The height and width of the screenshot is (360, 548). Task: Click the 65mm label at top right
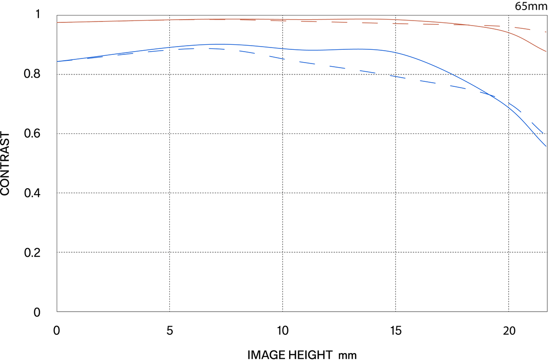point(531,6)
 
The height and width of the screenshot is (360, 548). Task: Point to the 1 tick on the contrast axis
point(37,14)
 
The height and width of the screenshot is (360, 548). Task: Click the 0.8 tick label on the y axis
point(32,74)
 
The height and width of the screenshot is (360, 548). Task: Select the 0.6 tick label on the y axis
point(32,133)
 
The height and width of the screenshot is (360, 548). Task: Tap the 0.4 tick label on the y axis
point(32,193)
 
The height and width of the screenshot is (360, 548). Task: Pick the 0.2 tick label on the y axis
point(32,252)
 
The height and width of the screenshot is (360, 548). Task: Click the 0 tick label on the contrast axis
point(37,312)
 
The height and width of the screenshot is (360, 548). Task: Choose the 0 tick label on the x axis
point(57,331)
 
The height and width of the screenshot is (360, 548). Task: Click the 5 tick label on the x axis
point(170,331)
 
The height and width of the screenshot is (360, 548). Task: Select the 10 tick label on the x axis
point(283,331)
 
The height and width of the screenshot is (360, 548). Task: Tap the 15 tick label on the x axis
point(396,331)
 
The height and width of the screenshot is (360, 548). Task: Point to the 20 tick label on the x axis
point(509,331)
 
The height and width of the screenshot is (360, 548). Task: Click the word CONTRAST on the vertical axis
point(5,164)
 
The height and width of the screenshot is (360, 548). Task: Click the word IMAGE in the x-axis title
point(266,355)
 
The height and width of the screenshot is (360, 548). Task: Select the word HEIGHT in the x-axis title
point(311,355)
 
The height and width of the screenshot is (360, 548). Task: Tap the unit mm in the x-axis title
point(348,356)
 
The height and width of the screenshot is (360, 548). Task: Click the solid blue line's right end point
point(546,146)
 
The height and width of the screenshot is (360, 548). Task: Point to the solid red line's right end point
point(546,51)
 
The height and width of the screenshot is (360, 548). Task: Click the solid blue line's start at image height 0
point(57,61)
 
